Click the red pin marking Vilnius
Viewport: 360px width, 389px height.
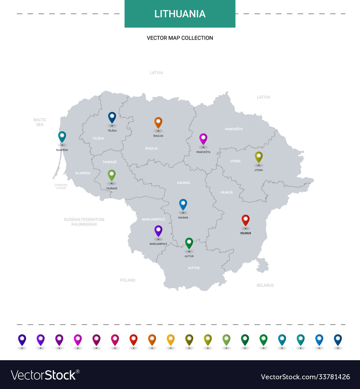(246, 220)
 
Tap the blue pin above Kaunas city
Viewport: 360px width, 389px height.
(183, 204)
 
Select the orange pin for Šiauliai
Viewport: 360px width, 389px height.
(158, 122)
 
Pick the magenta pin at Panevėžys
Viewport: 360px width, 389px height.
(203, 138)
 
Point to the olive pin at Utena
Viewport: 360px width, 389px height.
(258, 156)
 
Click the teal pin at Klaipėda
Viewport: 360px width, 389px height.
(62, 136)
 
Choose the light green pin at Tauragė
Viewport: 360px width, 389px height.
(112, 175)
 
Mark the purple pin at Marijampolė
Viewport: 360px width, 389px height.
(158, 231)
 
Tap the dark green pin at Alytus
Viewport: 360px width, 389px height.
(189, 243)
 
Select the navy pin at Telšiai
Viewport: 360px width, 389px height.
(112, 117)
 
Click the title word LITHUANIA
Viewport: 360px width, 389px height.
(180, 14)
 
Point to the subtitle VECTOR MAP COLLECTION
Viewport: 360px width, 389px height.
(180, 38)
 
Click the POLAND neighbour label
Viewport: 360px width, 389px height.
(128, 280)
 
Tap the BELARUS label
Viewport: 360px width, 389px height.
(265, 285)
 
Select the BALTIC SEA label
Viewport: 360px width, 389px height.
(40, 122)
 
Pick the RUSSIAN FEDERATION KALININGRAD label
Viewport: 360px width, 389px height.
(84, 222)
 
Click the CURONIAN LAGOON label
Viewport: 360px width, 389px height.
(61, 187)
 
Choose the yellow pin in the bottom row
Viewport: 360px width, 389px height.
(171, 339)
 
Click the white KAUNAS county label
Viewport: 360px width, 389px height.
(184, 183)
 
